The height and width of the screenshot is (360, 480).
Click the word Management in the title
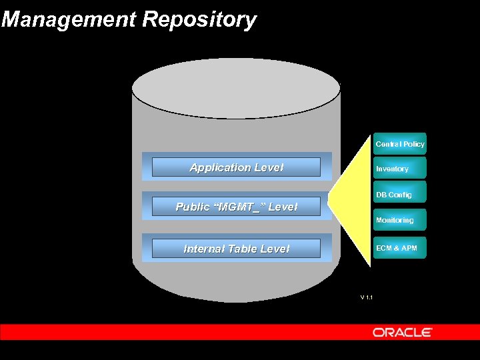pyautogui.click(x=70, y=19)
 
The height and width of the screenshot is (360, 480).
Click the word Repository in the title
pyautogui.click(x=199, y=20)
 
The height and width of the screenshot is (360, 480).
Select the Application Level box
pyautogui.click(x=236, y=167)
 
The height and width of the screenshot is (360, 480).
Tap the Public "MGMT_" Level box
pyautogui.click(x=236, y=207)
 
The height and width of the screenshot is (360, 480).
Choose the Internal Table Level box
pyautogui.click(x=236, y=249)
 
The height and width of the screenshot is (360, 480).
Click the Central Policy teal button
pyautogui.click(x=399, y=144)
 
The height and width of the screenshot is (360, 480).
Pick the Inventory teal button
pyautogui.click(x=399, y=169)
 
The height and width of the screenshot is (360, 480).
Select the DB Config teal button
pyautogui.click(x=399, y=195)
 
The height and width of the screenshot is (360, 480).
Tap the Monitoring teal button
pyautogui.click(x=399, y=220)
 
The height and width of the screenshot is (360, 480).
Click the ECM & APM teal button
pyautogui.click(x=399, y=248)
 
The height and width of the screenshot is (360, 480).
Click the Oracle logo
pyautogui.click(x=402, y=332)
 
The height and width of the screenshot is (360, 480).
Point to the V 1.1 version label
pyautogui.click(x=366, y=297)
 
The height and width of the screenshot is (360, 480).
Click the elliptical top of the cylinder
pyautogui.click(x=236, y=89)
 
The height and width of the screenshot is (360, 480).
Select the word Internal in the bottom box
pyautogui.click(x=204, y=249)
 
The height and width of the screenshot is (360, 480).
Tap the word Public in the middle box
pyautogui.click(x=191, y=207)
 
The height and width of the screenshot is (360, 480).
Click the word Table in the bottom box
pyautogui.click(x=242, y=249)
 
